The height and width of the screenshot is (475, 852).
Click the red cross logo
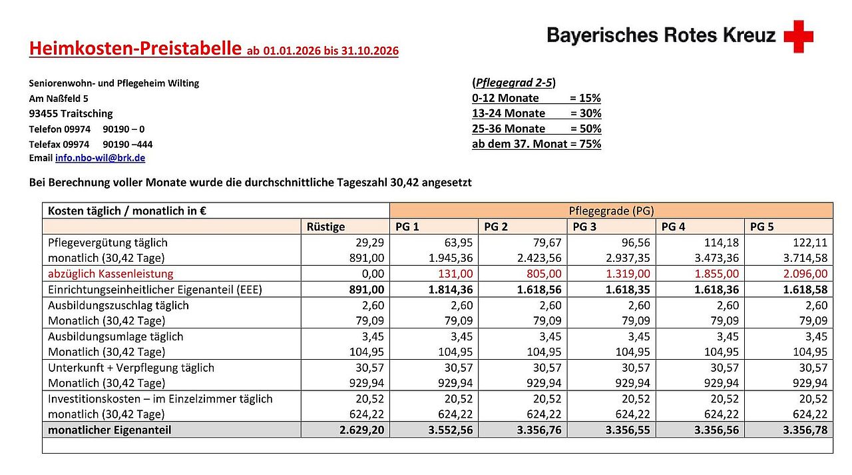pos(798,36)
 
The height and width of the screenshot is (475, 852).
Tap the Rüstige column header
pos(325,227)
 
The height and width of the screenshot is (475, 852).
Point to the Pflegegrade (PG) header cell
pos(610,211)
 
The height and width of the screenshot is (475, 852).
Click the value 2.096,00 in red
pos(806,274)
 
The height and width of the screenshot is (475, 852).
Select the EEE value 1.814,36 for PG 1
pos(451,289)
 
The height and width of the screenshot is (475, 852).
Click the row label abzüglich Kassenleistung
pos(110,274)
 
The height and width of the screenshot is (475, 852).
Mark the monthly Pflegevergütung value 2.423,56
pos(539,258)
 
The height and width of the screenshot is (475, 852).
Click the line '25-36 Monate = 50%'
pos(536,129)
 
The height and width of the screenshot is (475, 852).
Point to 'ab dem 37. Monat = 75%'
pos(536,144)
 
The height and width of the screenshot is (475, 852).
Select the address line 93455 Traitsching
pos(71,113)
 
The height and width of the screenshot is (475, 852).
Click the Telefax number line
pos(91,144)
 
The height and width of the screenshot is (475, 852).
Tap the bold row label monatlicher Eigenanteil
pos(109,430)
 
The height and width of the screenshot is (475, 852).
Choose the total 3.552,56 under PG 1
pos(451,430)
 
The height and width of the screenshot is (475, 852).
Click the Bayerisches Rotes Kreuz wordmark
pos(661,35)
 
